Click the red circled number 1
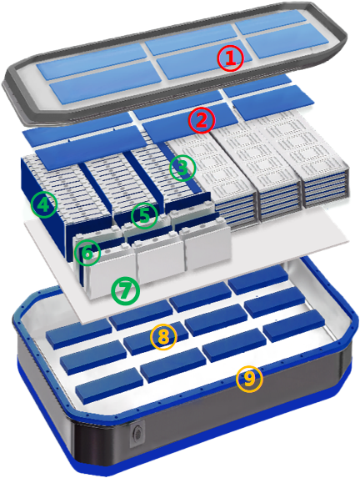click(231, 58)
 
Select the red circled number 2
click(202, 120)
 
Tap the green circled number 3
click(182, 168)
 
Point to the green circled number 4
click(44, 204)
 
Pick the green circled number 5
click(145, 216)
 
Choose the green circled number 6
click(87, 253)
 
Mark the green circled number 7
click(126, 291)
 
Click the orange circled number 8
click(163, 337)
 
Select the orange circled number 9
click(249, 379)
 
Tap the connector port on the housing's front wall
click(137, 434)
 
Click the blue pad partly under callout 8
click(156, 339)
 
